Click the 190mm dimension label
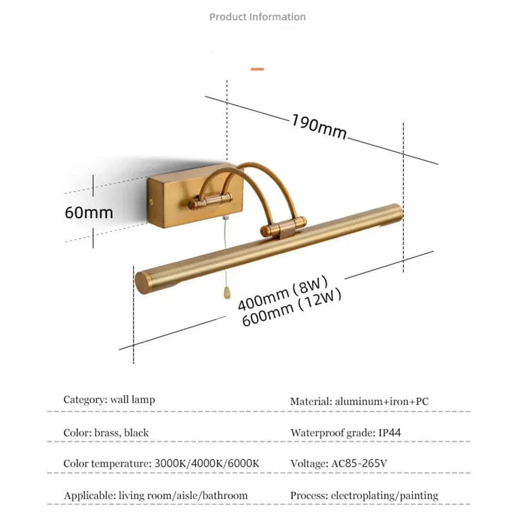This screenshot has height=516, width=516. (319, 126)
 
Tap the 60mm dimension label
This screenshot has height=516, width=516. (89, 212)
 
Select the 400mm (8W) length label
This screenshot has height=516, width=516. (283, 293)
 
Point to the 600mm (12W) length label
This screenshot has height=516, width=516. (292, 308)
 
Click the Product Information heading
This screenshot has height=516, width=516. (257, 17)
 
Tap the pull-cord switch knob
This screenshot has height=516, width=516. (227, 292)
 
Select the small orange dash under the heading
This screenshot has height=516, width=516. (257, 69)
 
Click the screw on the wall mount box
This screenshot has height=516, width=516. (152, 202)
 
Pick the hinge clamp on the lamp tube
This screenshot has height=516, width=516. (283, 227)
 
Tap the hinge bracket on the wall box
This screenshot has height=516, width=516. (210, 201)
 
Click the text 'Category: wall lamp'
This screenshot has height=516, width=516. (109, 399)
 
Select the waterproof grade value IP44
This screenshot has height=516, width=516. (390, 432)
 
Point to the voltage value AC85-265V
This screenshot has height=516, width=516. (359, 463)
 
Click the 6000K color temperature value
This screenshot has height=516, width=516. (243, 463)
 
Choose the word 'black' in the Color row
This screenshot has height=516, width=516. (136, 432)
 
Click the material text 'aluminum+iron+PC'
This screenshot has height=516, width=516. (382, 401)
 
